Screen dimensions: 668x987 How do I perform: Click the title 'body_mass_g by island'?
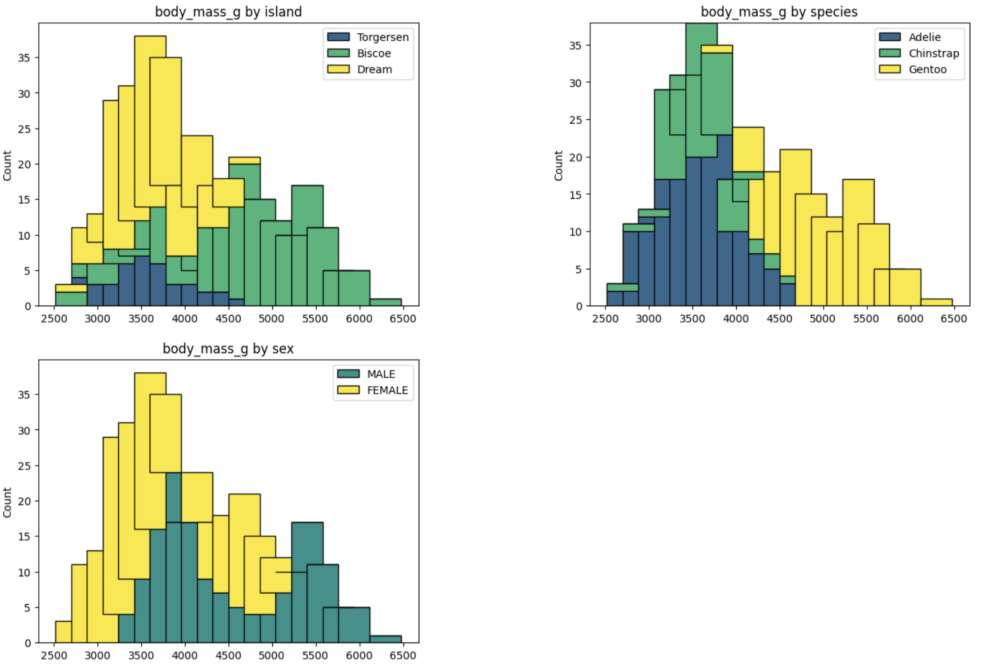coord(228,12)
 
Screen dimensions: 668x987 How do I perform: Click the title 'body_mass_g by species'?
coord(779,12)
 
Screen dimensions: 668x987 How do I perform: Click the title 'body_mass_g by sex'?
coord(228,348)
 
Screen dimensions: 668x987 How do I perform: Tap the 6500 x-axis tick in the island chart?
coord(403,319)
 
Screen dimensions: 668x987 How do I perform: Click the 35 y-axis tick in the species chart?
coord(575,46)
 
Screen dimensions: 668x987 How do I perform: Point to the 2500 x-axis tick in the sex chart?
coord(54,656)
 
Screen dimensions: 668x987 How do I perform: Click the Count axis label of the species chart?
coord(559,165)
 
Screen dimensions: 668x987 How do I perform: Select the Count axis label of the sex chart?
coord(7,502)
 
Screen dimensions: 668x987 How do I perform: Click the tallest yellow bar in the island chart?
coord(150,120)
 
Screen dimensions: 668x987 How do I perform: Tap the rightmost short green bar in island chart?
coord(385,302)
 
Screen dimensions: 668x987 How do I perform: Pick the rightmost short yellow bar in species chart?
coord(936,302)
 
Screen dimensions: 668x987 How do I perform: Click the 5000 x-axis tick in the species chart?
coord(822,319)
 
